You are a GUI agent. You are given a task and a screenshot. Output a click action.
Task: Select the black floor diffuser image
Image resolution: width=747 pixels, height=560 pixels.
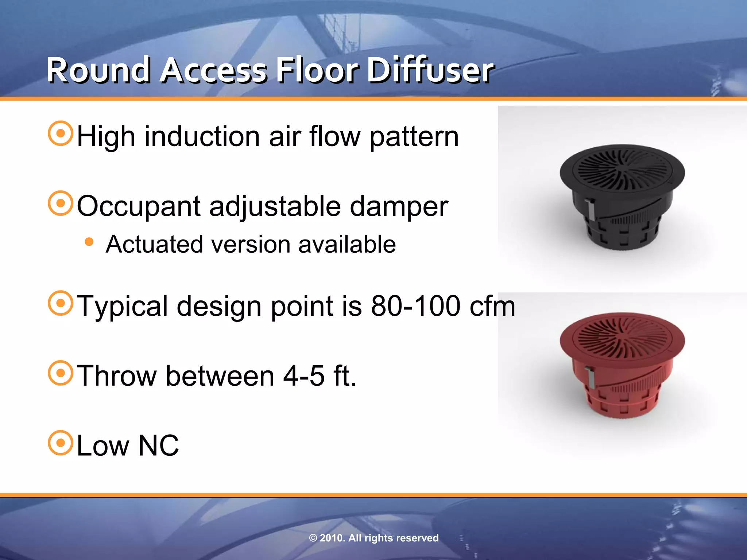click(x=622, y=197)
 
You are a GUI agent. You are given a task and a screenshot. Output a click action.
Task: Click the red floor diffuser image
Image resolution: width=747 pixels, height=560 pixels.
click(x=622, y=365)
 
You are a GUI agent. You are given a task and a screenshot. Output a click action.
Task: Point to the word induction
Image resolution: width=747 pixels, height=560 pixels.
click(x=202, y=136)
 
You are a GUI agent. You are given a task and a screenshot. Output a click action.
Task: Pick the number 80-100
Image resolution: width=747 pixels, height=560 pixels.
click(x=415, y=306)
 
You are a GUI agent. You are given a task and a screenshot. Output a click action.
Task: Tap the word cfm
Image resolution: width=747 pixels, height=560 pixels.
click(x=492, y=306)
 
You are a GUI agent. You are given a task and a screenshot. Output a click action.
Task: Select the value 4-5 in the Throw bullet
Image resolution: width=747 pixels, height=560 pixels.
click(x=304, y=376)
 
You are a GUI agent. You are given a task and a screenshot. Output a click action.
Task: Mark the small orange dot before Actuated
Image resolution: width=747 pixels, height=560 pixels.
click(x=89, y=242)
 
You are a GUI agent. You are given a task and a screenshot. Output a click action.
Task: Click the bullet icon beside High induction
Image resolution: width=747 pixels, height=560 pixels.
click(x=61, y=133)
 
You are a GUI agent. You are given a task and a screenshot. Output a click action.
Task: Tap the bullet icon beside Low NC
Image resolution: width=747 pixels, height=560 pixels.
click(x=61, y=443)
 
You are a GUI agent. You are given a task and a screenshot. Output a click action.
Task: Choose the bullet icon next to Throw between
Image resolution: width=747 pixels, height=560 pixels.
click(x=61, y=373)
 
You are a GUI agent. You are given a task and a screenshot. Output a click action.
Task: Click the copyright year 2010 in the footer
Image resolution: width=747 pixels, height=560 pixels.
click(x=332, y=538)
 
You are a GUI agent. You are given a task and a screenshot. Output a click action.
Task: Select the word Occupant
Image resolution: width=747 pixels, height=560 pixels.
click(x=139, y=206)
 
